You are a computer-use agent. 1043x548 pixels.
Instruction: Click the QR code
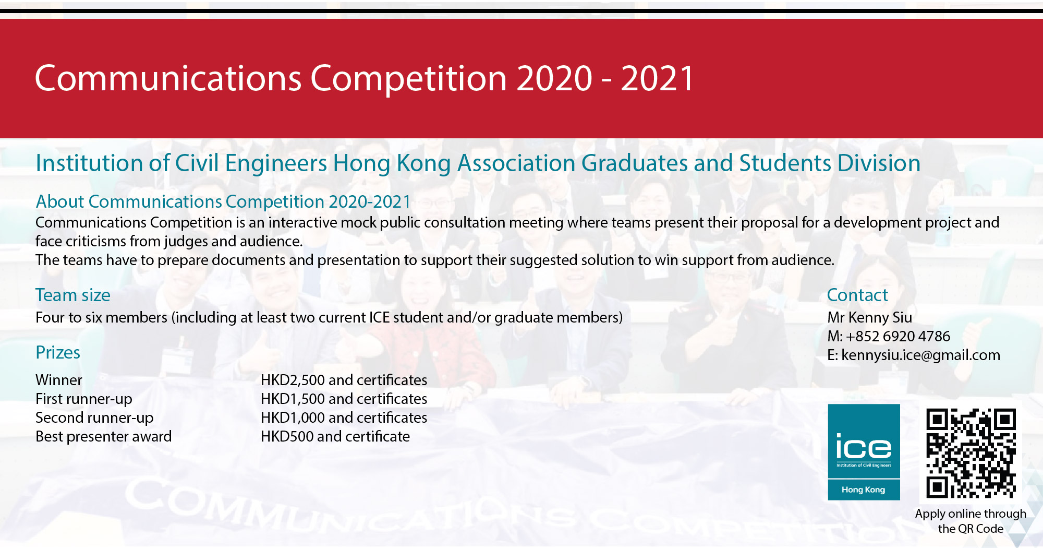(x=971, y=453)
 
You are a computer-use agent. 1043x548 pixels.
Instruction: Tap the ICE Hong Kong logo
(x=864, y=452)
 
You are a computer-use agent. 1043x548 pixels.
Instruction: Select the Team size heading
(x=73, y=295)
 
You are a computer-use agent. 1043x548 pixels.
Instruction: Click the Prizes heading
(x=58, y=353)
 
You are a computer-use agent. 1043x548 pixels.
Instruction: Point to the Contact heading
(x=857, y=295)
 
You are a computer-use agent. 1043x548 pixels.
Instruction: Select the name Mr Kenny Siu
(x=869, y=317)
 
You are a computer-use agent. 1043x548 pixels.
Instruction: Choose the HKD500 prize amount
(x=287, y=436)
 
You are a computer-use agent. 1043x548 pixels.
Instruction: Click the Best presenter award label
(x=103, y=436)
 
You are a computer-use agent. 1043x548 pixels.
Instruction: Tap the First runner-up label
(x=83, y=399)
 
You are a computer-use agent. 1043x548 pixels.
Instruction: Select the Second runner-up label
(x=94, y=418)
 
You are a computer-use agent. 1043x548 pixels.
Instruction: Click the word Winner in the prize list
(x=59, y=380)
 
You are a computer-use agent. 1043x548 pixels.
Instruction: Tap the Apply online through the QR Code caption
(x=971, y=521)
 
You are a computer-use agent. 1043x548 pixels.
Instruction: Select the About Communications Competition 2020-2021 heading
(x=223, y=201)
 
